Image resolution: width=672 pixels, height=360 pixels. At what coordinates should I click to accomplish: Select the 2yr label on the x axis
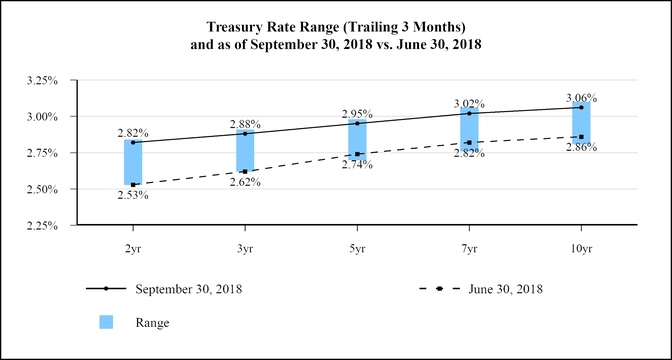pyautogui.click(x=133, y=246)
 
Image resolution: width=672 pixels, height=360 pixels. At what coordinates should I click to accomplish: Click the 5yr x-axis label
pyautogui.click(x=357, y=246)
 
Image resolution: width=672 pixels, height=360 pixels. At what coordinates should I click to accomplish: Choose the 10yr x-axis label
pyautogui.click(x=581, y=246)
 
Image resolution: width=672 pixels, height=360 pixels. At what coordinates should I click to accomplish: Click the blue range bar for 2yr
pyautogui.click(x=133, y=162)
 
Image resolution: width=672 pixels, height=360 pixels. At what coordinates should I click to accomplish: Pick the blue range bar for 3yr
pyautogui.click(x=245, y=151)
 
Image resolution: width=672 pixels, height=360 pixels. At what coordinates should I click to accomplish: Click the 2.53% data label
pyautogui.click(x=133, y=195)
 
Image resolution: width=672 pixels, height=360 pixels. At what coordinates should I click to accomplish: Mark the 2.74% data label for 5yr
pyautogui.click(x=357, y=164)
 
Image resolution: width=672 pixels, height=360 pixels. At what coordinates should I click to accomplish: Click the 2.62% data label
pyautogui.click(x=245, y=182)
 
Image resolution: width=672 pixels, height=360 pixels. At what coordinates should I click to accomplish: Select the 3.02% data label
pyautogui.click(x=469, y=102)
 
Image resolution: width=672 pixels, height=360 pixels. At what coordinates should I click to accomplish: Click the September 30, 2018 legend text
pyautogui.click(x=189, y=289)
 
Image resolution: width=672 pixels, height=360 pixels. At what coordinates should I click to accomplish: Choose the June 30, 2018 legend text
pyautogui.click(x=505, y=289)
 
